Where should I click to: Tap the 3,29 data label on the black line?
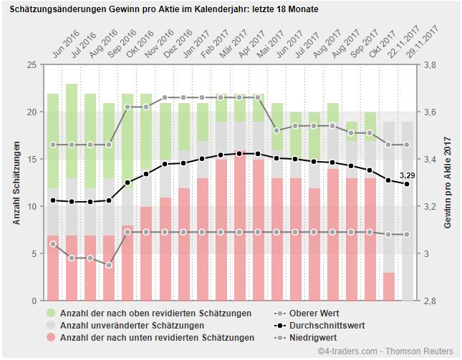tap(408, 175)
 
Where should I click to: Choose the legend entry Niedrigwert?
tap(314, 337)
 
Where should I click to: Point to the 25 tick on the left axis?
tap(31, 65)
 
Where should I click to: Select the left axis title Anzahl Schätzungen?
tap(16, 183)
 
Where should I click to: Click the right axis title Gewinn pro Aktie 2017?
tap(448, 183)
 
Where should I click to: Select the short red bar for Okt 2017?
tap(388, 286)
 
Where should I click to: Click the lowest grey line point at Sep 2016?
tap(109, 265)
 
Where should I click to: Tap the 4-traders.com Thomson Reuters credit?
tap(385, 351)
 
